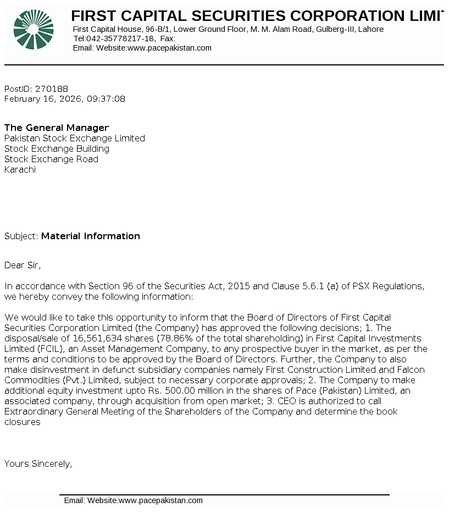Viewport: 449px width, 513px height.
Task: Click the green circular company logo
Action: coord(34,30)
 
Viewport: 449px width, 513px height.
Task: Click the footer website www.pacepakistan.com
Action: coord(160,500)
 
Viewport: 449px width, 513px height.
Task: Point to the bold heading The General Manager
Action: coord(57,128)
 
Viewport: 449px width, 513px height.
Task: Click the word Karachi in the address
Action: coord(20,170)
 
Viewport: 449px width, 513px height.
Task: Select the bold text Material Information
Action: coord(91,236)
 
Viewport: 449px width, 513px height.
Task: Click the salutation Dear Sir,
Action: coord(23,266)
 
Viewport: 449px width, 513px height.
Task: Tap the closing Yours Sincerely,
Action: coord(38,464)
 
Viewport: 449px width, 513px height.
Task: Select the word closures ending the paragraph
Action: coord(23,422)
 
